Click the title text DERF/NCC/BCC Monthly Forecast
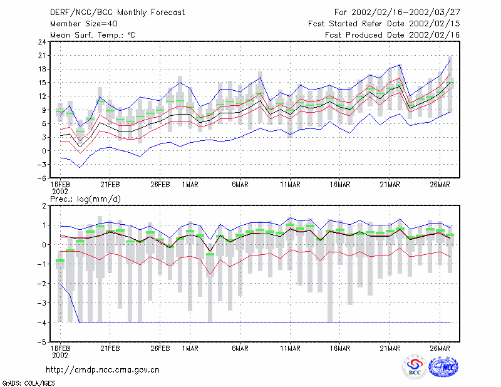117,13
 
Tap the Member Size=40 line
84,24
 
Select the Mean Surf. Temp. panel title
93,35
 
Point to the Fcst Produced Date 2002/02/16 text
393,35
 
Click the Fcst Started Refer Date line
384,24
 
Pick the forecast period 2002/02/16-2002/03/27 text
397,13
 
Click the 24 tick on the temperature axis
42,42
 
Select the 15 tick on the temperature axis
42,83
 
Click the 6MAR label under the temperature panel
240,185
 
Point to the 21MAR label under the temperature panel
390,185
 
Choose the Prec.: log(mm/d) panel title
86,199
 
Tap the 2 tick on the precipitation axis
44,206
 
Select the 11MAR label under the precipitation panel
290,348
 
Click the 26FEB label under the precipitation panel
160,348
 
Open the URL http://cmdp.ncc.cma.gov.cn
103,370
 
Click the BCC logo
415,367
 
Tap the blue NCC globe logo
443,367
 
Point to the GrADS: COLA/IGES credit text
28,383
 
